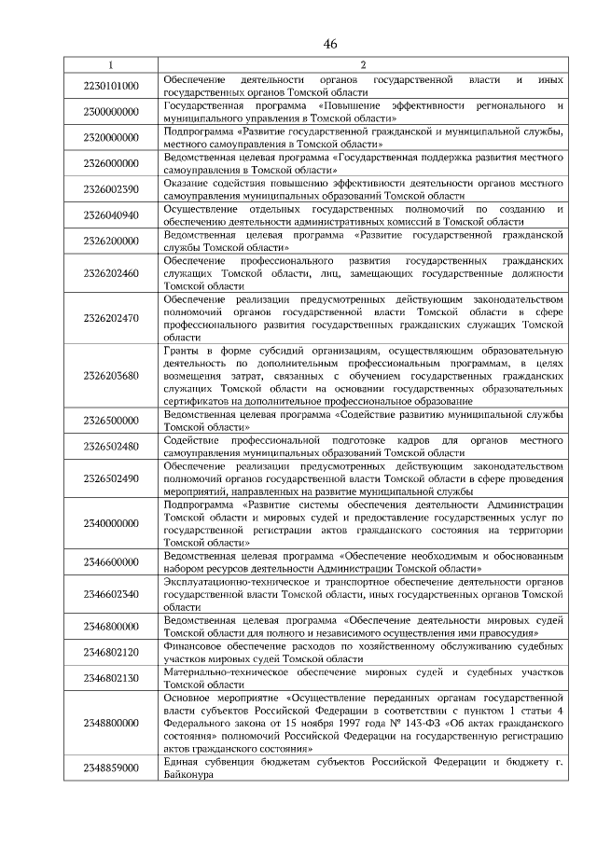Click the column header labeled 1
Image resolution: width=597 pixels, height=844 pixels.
pos(111,65)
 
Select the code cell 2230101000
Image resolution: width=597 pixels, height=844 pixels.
pos(111,86)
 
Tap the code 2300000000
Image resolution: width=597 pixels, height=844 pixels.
pos(111,112)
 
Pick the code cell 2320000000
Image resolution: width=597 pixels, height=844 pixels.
pos(111,138)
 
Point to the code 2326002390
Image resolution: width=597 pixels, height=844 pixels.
pos(111,189)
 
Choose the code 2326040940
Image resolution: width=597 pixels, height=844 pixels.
pos(111,215)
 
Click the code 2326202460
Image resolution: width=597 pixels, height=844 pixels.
pos(111,273)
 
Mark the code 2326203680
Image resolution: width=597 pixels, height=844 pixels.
pos(111,376)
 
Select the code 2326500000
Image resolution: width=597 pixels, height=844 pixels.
pos(111,420)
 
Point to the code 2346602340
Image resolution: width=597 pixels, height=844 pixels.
pos(111,594)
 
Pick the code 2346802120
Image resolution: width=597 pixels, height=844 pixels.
pos(111,652)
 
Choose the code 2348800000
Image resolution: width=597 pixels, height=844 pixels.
pos(111,723)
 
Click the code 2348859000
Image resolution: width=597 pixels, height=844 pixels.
pos(111,768)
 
